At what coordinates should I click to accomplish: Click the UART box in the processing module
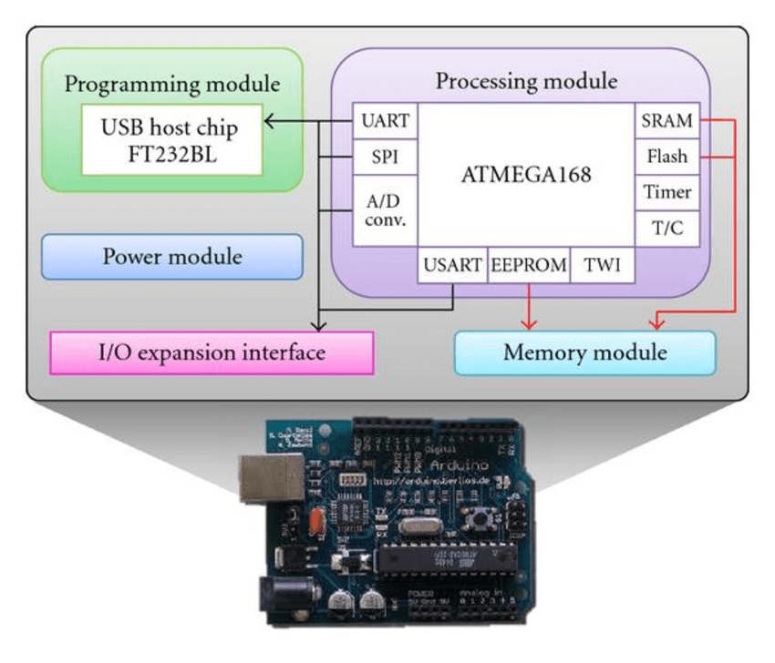(385, 121)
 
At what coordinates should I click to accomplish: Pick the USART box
(453, 265)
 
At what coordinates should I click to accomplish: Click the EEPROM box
(529, 265)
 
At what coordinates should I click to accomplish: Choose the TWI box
(602, 265)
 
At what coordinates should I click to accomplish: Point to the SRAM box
(666, 121)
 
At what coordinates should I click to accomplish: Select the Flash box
(666, 157)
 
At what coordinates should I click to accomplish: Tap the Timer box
(666, 192)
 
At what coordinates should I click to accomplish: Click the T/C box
(666, 229)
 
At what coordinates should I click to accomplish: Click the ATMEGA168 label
(526, 175)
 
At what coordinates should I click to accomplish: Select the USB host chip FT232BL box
(171, 140)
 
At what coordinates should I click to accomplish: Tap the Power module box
(172, 256)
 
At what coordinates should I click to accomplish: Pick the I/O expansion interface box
(212, 352)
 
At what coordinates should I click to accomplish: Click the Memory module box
(584, 352)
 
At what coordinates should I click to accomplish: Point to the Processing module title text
(526, 81)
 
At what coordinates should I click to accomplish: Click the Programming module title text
(172, 85)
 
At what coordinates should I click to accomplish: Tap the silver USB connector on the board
(271, 479)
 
